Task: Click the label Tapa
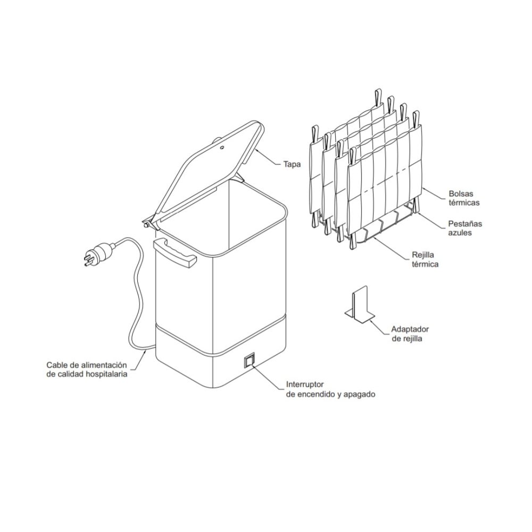pyautogui.click(x=292, y=164)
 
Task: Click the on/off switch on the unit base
pyautogui.click(x=250, y=361)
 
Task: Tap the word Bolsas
pyautogui.click(x=461, y=194)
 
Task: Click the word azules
pyautogui.click(x=458, y=232)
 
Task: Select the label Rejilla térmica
pyautogui.click(x=425, y=260)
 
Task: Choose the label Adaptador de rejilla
pyautogui.click(x=410, y=334)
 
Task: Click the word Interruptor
pyautogui.click(x=305, y=384)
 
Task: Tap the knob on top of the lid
pyautogui.click(x=219, y=140)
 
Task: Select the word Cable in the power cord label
pyautogui.click(x=56, y=365)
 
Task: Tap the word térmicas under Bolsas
pyautogui.click(x=464, y=203)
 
